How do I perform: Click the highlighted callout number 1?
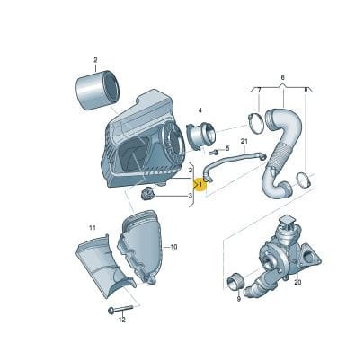click(x=200, y=185)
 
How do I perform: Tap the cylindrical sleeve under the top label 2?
click(x=97, y=90)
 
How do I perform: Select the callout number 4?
click(x=200, y=111)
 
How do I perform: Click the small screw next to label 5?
click(x=214, y=152)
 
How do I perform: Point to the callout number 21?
click(x=244, y=141)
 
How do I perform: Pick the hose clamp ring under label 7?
click(x=256, y=124)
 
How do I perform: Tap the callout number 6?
click(x=282, y=78)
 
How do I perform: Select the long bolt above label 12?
click(x=120, y=310)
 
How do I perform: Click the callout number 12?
click(x=121, y=320)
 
